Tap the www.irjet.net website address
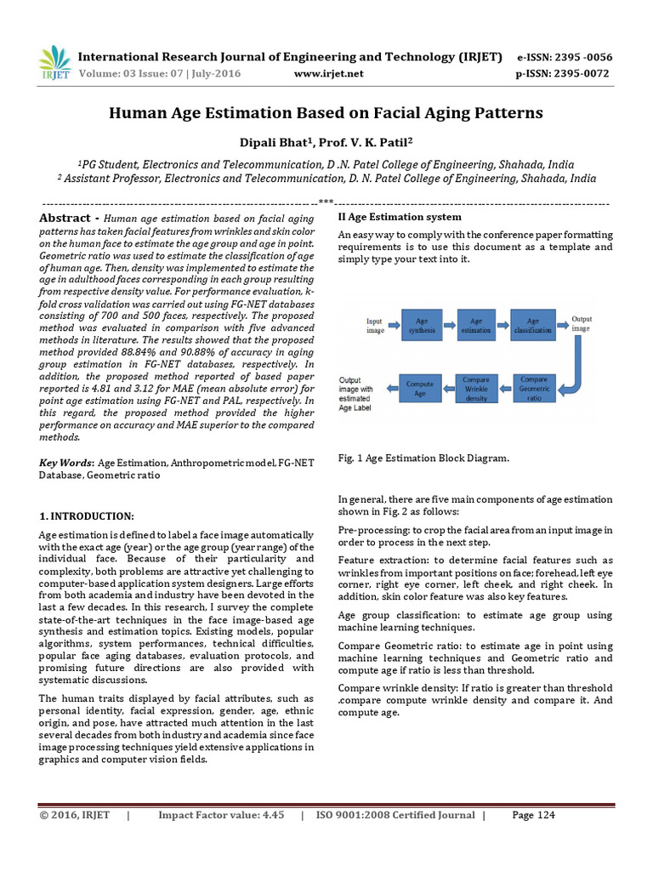click(x=328, y=74)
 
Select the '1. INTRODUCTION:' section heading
click(x=87, y=516)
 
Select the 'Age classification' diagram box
click(x=533, y=325)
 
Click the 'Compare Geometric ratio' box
click(x=533, y=388)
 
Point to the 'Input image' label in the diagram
click(x=375, y=326)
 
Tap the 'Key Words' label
click(x=67, y=463)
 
